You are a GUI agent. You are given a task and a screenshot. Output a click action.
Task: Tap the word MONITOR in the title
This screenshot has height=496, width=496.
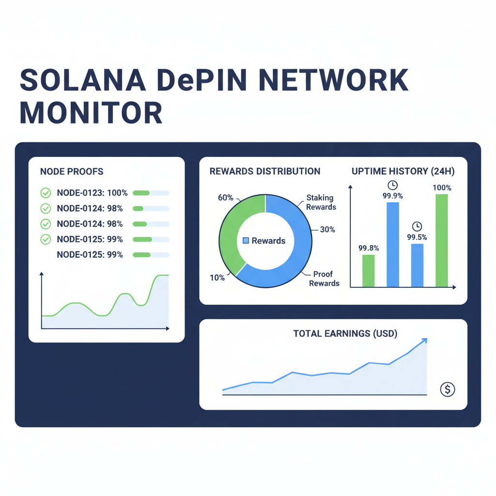(91, 113)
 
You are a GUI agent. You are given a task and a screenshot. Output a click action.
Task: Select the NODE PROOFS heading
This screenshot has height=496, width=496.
(72, 172)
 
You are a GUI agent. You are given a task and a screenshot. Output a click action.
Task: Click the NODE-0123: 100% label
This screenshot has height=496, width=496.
(92, 193)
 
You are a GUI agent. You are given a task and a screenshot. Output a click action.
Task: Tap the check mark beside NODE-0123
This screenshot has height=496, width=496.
(46, 193)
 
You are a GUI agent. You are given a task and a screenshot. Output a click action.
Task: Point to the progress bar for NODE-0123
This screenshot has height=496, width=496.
(151, 193)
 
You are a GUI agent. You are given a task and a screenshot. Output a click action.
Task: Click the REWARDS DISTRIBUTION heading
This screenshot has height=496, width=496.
(264, 171)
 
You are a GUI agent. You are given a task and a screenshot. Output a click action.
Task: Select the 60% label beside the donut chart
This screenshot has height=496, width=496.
(226, 198)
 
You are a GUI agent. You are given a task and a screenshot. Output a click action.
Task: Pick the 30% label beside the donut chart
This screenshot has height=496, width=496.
(327, 230)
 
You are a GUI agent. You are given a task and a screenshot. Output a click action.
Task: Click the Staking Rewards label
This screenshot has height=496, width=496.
(321, 202)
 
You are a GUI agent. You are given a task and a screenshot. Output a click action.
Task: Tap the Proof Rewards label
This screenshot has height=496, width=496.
(324, 279)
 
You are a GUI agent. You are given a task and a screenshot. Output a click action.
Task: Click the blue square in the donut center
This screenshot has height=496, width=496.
(246, 241)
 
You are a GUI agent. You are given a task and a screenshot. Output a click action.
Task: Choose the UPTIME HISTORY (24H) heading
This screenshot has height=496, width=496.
(403, 171)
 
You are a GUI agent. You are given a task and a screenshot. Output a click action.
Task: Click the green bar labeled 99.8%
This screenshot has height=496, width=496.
(369, 270)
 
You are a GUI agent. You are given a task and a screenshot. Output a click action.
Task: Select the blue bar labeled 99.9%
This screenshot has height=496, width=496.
(393, 245)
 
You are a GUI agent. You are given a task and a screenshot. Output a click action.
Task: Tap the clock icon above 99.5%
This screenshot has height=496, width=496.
(417, 226)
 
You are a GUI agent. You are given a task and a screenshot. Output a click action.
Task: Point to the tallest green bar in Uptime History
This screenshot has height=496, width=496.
(441, 240)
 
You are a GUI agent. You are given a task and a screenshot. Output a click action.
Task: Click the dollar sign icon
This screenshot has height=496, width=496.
(448, 389)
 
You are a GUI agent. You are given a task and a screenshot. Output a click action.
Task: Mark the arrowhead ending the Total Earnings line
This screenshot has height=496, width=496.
(425, 341)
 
